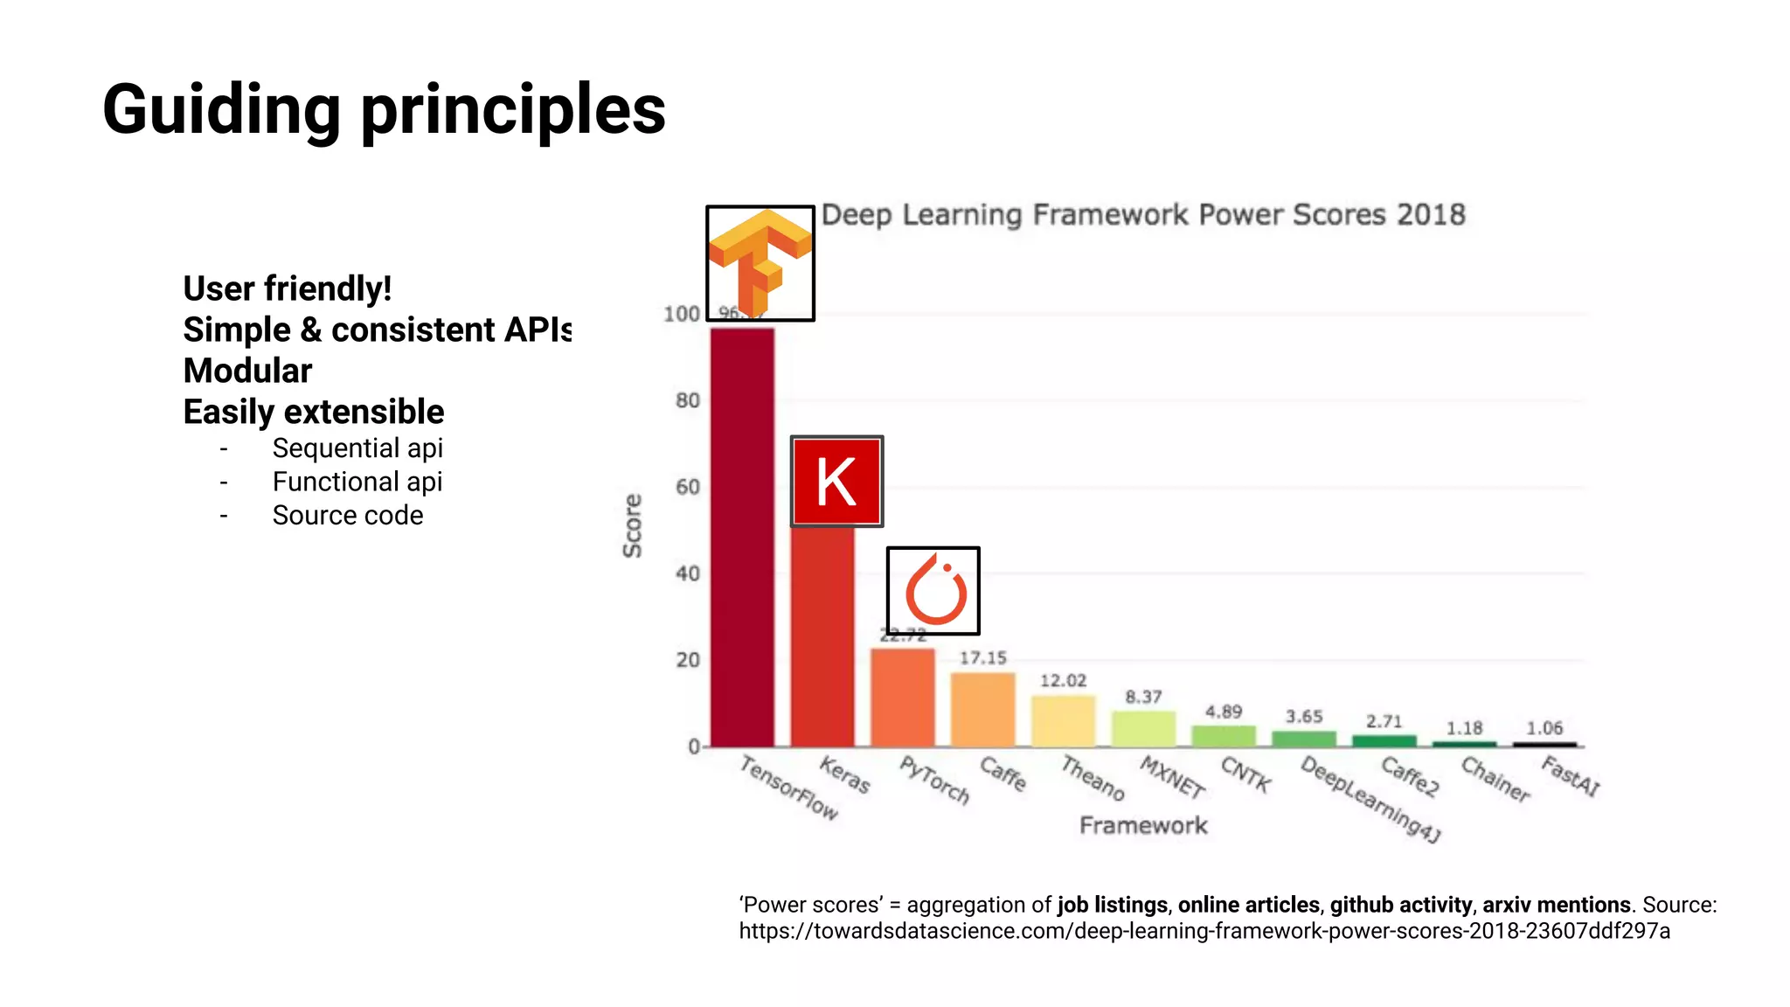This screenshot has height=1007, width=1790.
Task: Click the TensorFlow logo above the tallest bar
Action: (760, 263)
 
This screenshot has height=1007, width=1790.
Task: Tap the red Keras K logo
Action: (836, 482)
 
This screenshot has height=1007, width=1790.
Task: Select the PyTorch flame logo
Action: (933, 591)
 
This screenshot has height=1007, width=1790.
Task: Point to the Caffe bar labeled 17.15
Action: (982, 709)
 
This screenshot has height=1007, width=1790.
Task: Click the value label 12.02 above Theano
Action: (1063, 681)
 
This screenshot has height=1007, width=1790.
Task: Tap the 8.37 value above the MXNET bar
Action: (1143, 697)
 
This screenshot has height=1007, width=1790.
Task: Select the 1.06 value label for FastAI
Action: (1544, 728)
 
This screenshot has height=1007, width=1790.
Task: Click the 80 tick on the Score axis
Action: (688, 400)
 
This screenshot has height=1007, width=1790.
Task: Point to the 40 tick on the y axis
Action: (688, 573)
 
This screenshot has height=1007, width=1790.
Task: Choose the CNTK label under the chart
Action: (1245, 774)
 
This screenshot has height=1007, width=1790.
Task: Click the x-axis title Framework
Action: (1142, 825)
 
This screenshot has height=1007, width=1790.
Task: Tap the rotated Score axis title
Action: (632, 525)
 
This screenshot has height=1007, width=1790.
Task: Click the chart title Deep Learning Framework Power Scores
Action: (1142, 215)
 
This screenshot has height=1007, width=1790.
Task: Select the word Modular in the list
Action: (247, 371)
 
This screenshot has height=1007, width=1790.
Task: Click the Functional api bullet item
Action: (357, 482)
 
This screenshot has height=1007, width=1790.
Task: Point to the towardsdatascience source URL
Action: (1204, 931)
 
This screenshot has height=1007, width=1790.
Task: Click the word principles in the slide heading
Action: (513, 110)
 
